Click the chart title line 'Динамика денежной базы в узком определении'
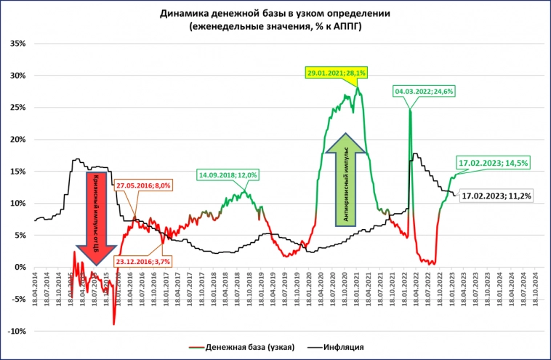pos(274,14)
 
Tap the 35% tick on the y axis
pos(17,43)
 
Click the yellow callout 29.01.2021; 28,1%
pos(336,73)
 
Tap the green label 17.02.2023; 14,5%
pos(493,161)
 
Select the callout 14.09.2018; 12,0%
pos(228,175)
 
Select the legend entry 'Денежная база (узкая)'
pos(244,348)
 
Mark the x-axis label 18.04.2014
pos(35,291)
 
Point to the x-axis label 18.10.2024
pos(535,291)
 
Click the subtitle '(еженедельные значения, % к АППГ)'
pos(274,26)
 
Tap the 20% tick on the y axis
pos(17,139)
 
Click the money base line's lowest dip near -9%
pos(114,324)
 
